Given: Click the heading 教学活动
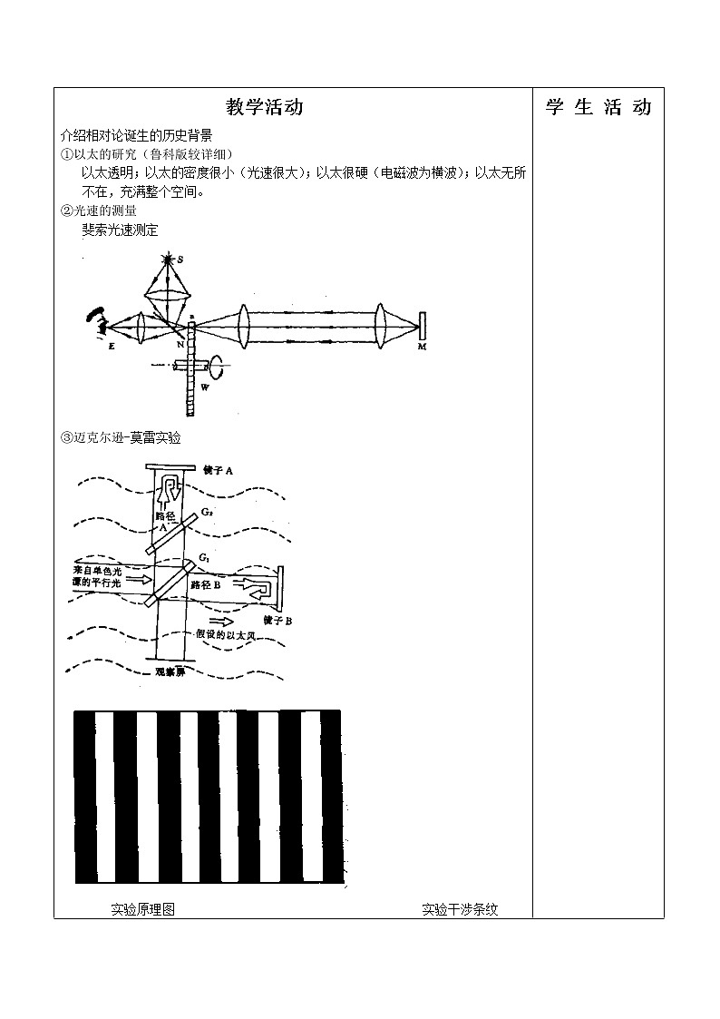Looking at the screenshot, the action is (264, 107).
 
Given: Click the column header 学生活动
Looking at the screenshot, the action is (598, 107).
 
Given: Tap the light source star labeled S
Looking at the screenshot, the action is (167, 260).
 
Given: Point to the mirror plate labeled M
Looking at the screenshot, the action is (423, 327).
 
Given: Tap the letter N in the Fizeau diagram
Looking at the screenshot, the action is (180, 346).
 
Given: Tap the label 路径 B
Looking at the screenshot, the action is (206, 585).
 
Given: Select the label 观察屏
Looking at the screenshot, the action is (173, 673).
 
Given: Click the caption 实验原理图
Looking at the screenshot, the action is (142, 909).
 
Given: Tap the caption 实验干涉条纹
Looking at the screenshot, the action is (460, 909).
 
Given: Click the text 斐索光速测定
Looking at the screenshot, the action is (120, 230).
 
